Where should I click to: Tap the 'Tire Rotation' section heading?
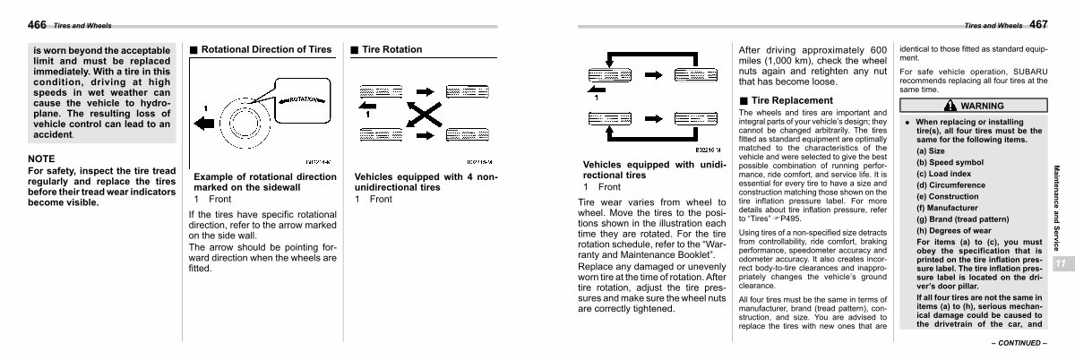point(392,49)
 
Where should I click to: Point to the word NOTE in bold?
point(43,159)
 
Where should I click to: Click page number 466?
point(37,24)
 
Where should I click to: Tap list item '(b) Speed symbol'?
point(950,162)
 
